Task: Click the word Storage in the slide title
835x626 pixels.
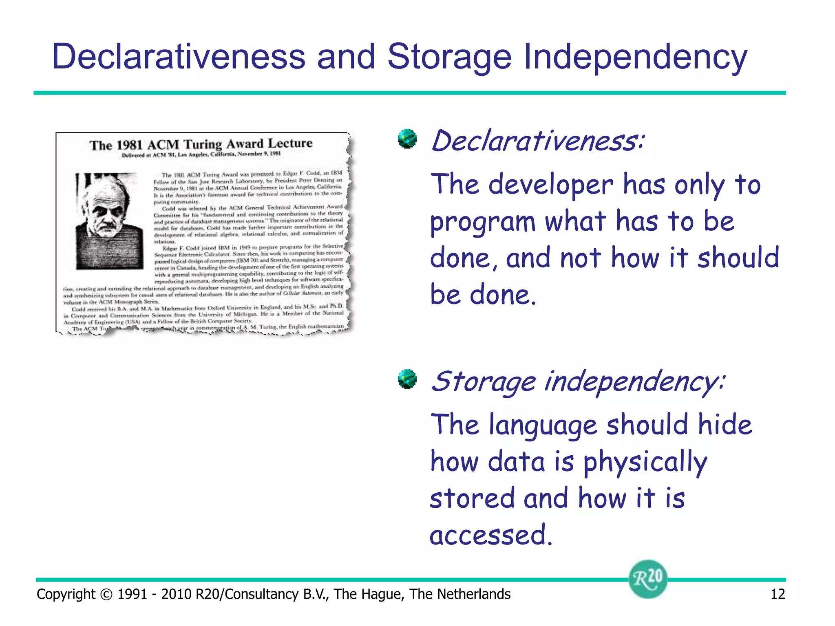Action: (449, 57)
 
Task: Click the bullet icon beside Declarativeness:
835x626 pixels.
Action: (407, 139)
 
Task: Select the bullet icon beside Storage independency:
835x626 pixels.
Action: (407, 379)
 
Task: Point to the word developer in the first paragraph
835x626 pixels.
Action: (550, 185)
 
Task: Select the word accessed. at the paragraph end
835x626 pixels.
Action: (491, 535)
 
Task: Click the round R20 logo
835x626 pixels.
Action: (647, 579)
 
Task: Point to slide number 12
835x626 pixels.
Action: (777, 594)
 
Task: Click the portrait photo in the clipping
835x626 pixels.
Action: (109, 221)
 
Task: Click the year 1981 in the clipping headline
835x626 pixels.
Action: (129, 145)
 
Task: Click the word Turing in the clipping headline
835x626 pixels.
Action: (203, 144)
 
